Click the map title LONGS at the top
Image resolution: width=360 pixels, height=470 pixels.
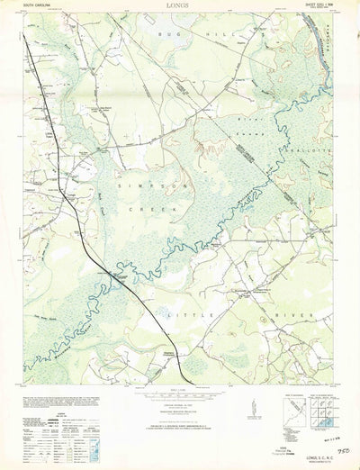pos(179,5)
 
